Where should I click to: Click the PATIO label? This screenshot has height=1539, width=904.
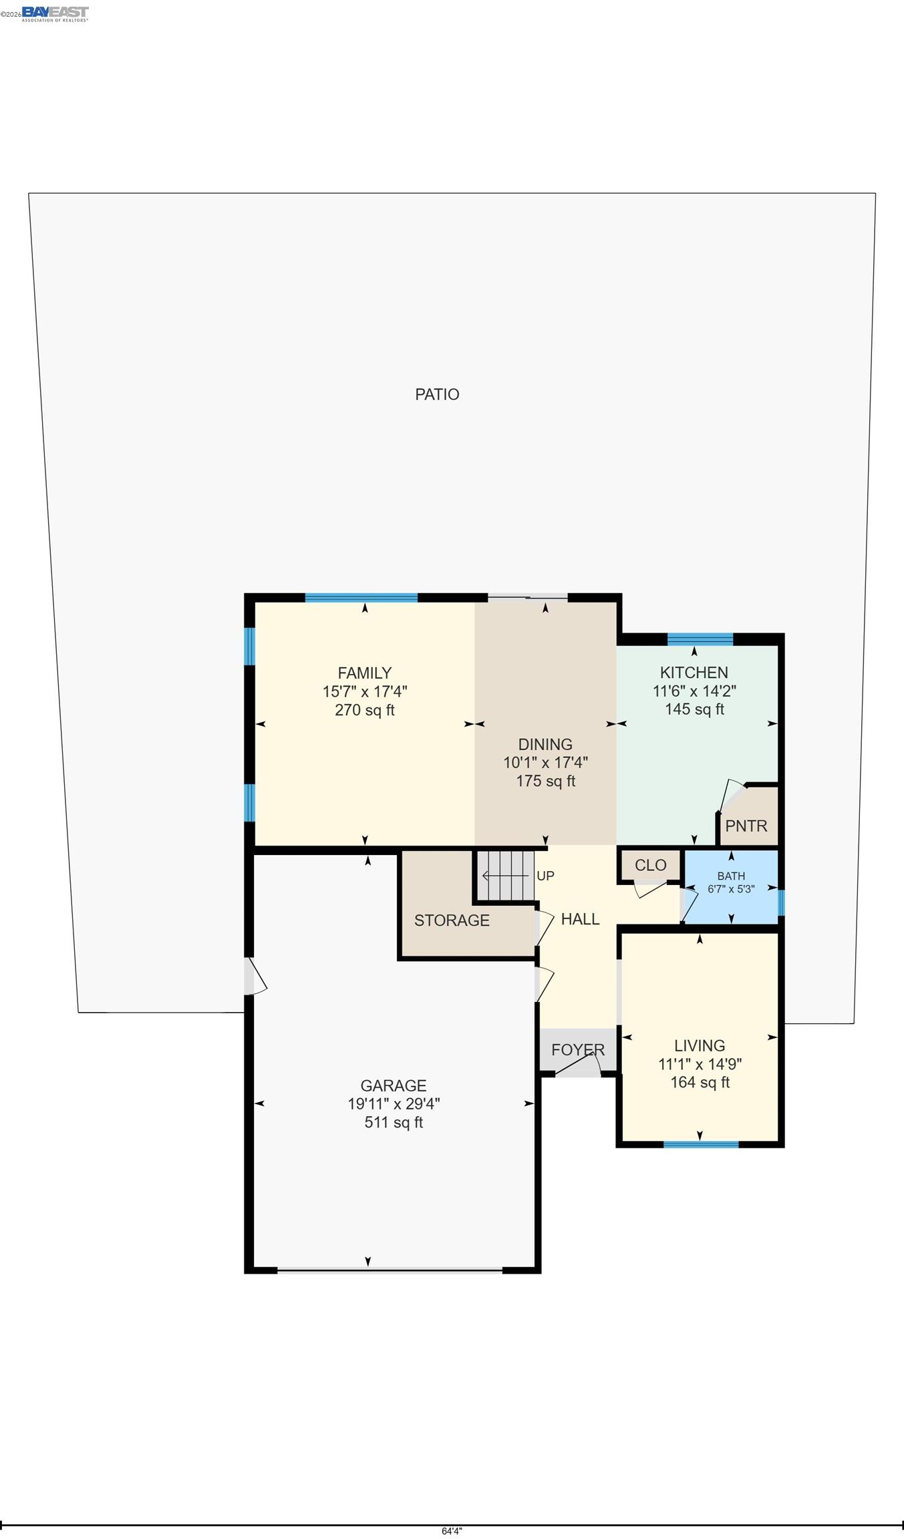[437, 394]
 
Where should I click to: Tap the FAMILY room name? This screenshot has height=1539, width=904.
[364, 673]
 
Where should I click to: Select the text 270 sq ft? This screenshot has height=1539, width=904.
[364, 710]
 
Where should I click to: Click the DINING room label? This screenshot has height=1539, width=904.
[545, 744]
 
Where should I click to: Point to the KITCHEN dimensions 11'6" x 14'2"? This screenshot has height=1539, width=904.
[694, 691]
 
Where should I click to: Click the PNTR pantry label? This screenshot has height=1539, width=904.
[746, 826]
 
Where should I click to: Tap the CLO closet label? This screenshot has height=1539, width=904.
[650, 865]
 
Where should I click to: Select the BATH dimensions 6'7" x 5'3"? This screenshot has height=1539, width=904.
[731, 889]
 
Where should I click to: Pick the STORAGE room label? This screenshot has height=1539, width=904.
[452, 920]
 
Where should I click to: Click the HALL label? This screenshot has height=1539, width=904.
[580, 919]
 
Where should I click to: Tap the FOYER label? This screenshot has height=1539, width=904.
[578, 1049]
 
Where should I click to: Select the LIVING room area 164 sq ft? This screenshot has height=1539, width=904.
[700, 1083]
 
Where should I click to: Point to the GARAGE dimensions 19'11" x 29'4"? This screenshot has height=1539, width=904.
[394, 1104]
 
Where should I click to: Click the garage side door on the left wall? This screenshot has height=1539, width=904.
[255, 977]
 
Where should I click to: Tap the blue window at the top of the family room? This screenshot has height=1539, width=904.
[361, 598]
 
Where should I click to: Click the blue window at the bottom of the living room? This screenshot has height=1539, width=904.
[701, 1145]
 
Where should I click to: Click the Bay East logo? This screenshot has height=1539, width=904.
[55, 13]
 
